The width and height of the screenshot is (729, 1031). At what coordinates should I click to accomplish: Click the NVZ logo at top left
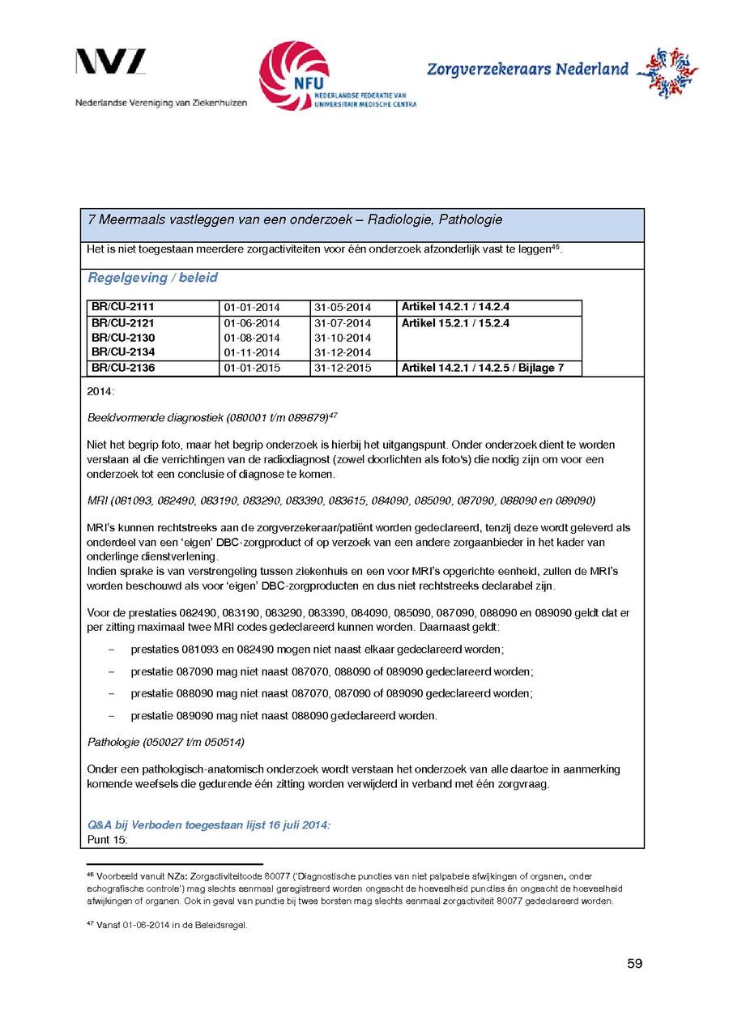(x=111, y=62)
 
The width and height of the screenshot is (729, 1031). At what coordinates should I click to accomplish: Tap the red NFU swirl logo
(x=293, y=75)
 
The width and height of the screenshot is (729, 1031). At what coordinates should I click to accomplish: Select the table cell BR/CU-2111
(x=123, y=307)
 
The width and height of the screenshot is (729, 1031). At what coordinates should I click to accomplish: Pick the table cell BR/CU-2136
(x=123, y=368)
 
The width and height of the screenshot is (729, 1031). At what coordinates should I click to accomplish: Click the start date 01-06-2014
(x=251, y=323)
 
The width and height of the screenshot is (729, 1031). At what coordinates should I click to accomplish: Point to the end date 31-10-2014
(x=342, y=338)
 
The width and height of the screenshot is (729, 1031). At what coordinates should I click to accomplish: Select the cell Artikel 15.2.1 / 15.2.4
(x=455, y=323)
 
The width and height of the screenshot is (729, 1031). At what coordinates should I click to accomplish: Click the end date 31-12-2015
(x=342, y=369)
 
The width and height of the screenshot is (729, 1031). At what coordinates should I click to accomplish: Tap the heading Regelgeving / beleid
(x=152, y=278)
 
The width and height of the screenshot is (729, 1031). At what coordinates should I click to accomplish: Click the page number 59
(x=634, y=963)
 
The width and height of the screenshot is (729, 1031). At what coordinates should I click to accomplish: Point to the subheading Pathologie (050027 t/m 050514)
(x=165, y=742)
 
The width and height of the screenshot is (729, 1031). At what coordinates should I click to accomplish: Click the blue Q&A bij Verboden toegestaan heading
(x=209, y=825)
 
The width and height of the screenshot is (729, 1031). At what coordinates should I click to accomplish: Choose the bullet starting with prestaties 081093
(x=317, y=650)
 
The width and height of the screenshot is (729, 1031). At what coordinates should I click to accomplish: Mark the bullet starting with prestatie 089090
(x=283, y=716)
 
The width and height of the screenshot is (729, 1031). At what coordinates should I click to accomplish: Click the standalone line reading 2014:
(x=100, y=391)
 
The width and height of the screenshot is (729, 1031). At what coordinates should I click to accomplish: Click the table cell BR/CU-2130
(x=123, y=338)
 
